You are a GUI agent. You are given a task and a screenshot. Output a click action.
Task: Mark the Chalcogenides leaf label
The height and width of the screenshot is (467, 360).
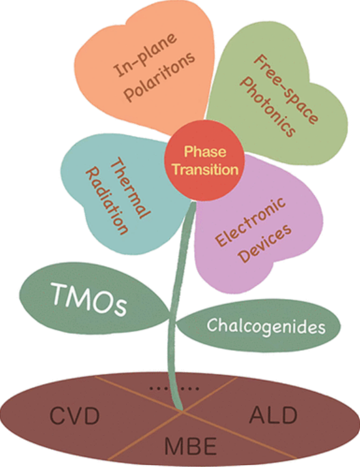(266, 325)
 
